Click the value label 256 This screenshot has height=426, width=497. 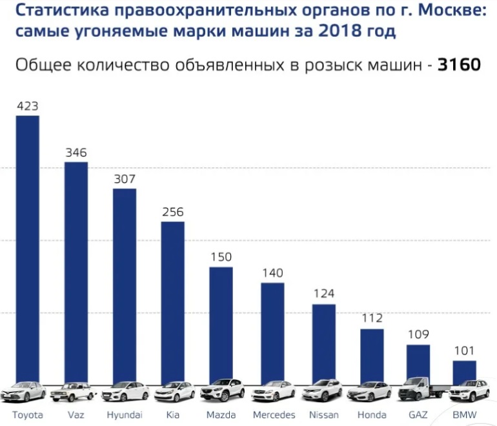click(173, 212)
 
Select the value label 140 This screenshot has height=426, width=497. click(272, 272)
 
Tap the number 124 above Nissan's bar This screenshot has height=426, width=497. click(323, 294)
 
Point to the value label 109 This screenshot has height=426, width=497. click(418, 335)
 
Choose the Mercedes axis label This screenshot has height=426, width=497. click(274, 414)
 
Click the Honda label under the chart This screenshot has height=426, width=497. click(371, 414)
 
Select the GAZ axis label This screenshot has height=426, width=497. click(418, 414)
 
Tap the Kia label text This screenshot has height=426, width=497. click(173, 414)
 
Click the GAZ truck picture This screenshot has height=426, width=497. click(418, 390)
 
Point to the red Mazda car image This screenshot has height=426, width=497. click(222, 391)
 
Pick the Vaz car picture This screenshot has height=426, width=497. click(76, 392)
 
